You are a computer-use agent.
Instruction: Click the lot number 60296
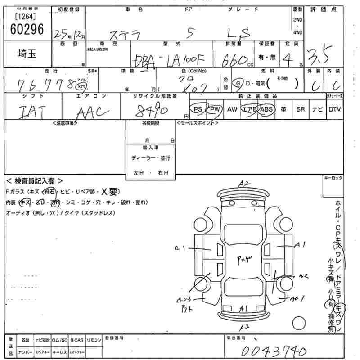tap(27, 29)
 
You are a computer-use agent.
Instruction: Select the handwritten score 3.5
tap(319, 56)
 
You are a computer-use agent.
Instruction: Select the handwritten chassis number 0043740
tap(274, 351)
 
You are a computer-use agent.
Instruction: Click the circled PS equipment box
tap(197, 109)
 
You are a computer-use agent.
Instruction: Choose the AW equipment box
tap(232, 109)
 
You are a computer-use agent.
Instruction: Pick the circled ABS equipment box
tap(266, 109)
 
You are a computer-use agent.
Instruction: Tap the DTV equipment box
tap(334, 109)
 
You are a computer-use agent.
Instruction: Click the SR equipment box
tap(301, 109)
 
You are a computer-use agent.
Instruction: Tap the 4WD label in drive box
tap(298, 33)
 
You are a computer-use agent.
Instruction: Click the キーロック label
tap(333, 178)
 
